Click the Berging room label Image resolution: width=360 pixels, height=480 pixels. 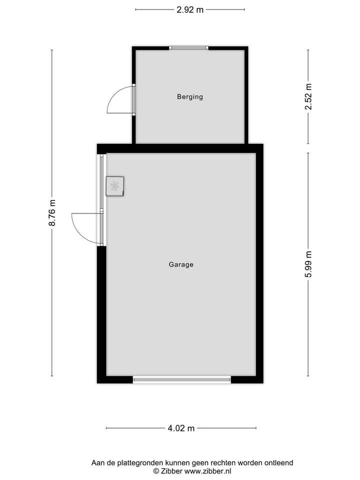point(190,97)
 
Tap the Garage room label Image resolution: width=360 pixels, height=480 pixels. point(181,264)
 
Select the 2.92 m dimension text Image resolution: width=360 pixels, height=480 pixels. point(190,9)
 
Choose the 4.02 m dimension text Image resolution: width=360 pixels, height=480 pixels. point(181,428)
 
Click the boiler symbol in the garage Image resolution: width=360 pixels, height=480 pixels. point(115,186)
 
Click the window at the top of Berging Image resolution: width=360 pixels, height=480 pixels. point(188,48)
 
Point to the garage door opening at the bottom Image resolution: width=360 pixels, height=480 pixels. point(182,379)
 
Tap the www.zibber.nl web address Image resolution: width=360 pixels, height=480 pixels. point(208,471)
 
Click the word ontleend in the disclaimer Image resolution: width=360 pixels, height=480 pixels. point(278,463)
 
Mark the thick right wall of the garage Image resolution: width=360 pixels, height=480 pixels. point(259,265)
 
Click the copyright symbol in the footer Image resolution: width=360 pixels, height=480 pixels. point(156,471)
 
